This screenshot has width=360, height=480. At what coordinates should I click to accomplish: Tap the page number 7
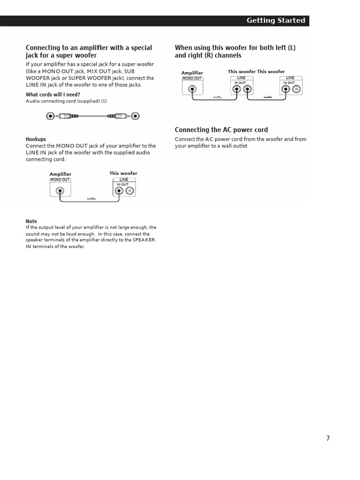pyautogui.click(x=328, y=438)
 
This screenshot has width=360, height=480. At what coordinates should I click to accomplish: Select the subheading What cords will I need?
pyautogui.click(x=52, y=95)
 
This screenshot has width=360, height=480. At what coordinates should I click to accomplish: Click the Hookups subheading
pyautogui.click(x=36, y=139)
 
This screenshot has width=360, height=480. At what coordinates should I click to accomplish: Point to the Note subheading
pyautogui.click(x=31, y=221)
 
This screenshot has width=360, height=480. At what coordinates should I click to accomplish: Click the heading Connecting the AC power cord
pyautogui.click(x=221, y=130)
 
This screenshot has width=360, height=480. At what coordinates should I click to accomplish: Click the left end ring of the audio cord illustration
pyautogui.click(x=51, y=116)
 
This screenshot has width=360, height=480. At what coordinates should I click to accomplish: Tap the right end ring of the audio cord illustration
pyautogui.click(x=135, y=116)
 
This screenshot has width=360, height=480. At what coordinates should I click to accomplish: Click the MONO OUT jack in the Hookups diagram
pyautogui.click(x=60, y=191)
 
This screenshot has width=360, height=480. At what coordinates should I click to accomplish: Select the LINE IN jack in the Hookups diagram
pyautogui.click(x=120, y=191)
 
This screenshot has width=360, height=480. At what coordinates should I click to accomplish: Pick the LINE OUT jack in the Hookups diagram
pyautogui.click(x=130, y=191)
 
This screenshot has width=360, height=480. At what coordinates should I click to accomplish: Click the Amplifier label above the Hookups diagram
pyautogui.click(x=60, y=174)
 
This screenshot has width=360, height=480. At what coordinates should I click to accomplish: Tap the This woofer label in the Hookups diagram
pyautogui.click(x=123, y=173)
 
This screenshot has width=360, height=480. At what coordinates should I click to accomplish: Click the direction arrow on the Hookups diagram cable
pyautogui.click(x=91, y=199)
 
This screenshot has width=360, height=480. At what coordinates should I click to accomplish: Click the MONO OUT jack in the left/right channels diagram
pyautogui.click(x=192, y=88)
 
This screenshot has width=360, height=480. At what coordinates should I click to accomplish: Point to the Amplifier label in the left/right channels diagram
pyautogui.click(x=192, y=73)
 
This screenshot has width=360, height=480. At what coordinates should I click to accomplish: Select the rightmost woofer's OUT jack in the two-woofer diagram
pyautogui.click(x=296, y=88)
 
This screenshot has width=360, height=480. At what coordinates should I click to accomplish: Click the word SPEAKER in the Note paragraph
pyautogui.click(x=144, y=240)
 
